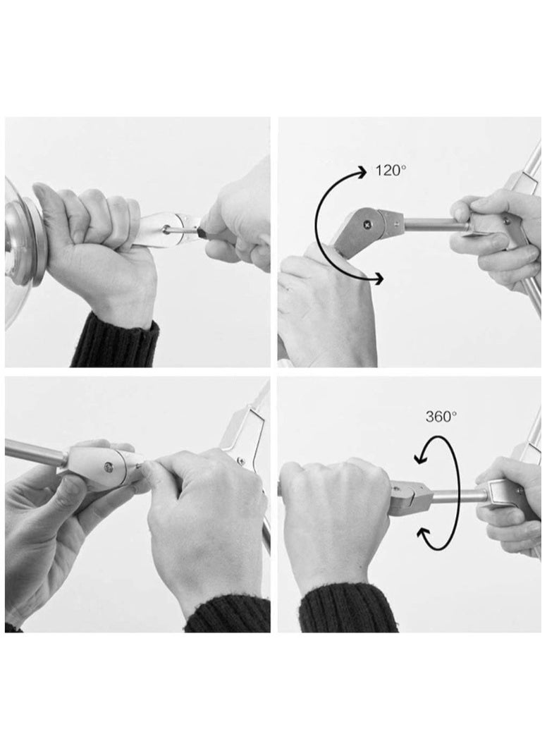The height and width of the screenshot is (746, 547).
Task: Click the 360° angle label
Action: point(441,417)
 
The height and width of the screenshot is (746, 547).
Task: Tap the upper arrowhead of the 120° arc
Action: point(364,172)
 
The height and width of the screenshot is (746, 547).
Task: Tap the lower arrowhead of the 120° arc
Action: point(377,279)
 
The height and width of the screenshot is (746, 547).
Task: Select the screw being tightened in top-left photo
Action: point(166,229)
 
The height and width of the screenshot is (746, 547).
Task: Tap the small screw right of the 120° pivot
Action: point(395,221)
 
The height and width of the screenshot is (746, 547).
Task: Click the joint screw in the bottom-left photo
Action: point(110,467)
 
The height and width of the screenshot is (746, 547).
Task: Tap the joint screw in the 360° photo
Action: point(395,487)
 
